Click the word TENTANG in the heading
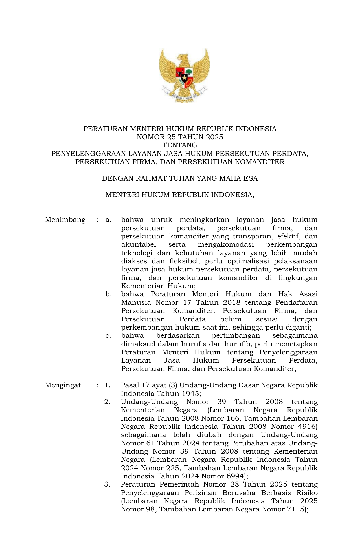(180, 145)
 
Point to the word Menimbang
(65, 220)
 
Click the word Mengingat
(63, 385)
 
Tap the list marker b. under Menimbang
(109, 294)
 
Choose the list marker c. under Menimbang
(108, 336)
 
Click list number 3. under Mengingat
(107, 485)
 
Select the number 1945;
(190, 394)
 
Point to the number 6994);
(236, 476)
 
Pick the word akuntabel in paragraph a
(138, 244)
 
